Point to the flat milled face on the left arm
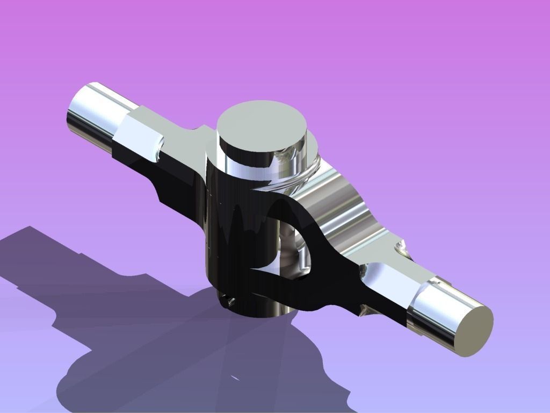pos(138,131)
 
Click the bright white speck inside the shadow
pos(235,378)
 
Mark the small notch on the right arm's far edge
pos(401,248)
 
